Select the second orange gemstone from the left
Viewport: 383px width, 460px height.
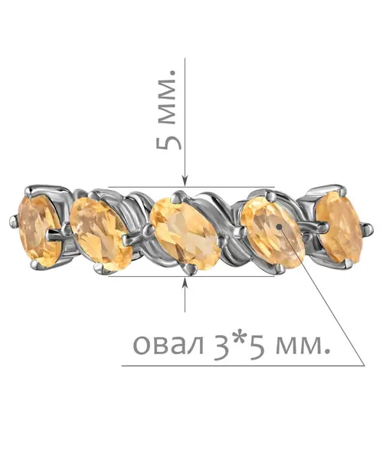coord(100,233)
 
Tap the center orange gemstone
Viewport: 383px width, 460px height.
coord(185,233)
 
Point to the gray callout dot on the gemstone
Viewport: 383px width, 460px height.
coord(280,227)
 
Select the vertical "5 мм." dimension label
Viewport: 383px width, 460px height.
coord(169,110)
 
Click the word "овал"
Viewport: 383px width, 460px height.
coord(169,345)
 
